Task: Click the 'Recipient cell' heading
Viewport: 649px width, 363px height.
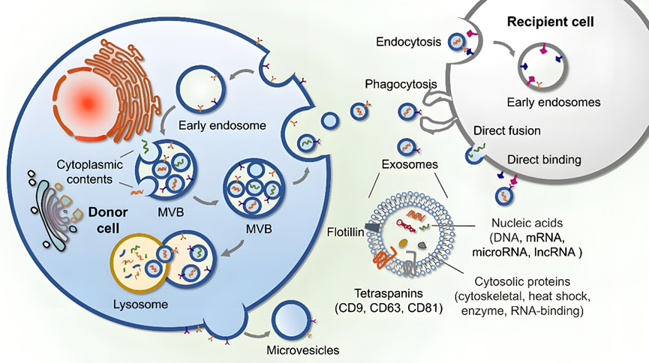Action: (x=551, y=22)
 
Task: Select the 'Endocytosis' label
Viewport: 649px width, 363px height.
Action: (x=409, y=42)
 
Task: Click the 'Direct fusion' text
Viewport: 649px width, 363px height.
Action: (x=507, y=131)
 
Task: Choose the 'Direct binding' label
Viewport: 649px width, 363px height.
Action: (x=543, y=159)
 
